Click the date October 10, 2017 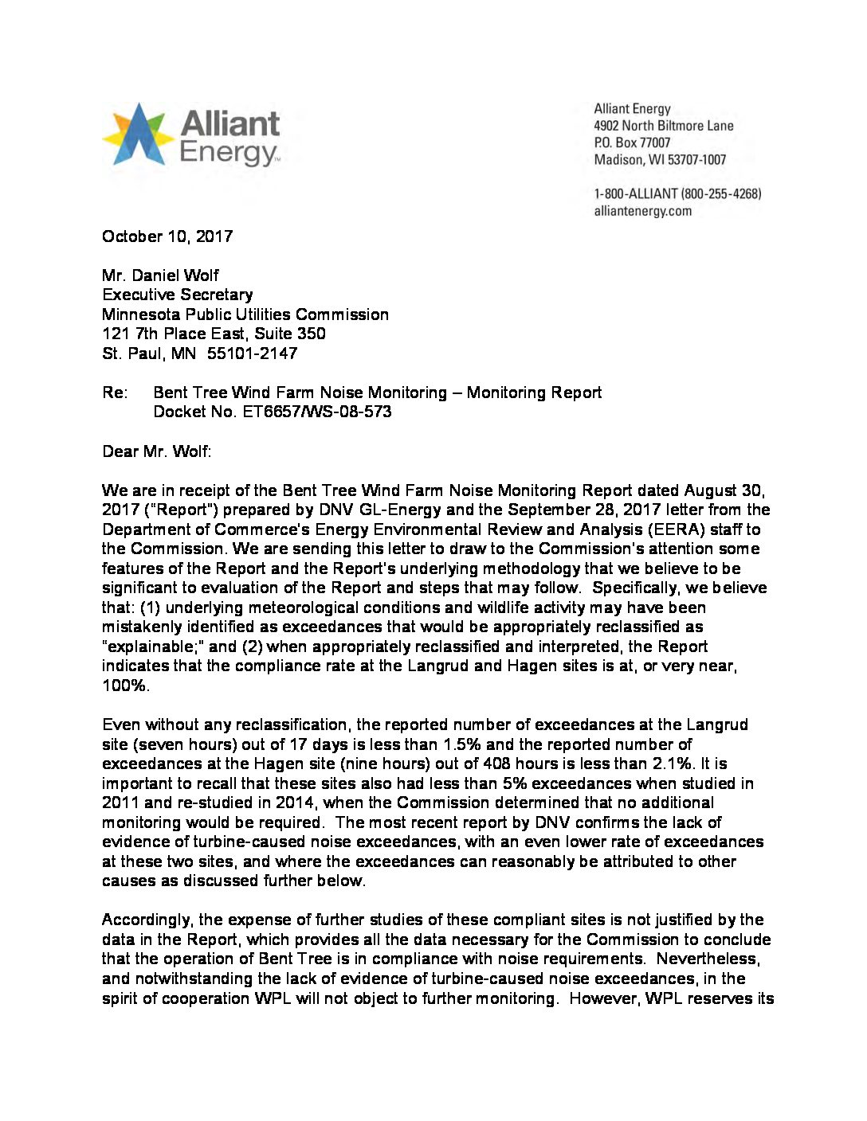tap(167, 236)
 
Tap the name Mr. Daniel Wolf tap(160, 275)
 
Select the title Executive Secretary tap(177, 295)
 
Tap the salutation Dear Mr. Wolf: tap(157, 451)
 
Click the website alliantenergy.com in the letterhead tap(642, 211)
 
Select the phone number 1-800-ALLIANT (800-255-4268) tap(677, 193)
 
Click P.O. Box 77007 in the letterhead tap(632, 143)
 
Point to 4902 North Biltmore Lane tap(663, 126)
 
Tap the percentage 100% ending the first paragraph tap(125, 685)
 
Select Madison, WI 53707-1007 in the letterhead tap(660, 160)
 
